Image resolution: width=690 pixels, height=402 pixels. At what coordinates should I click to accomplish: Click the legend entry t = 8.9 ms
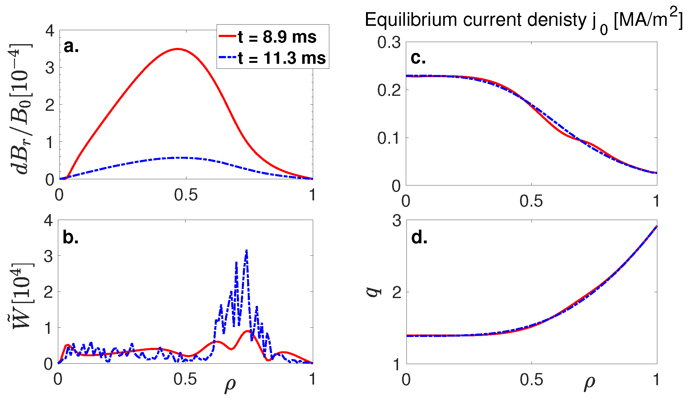coord(276,37)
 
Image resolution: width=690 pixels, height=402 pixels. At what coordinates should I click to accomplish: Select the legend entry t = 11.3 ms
coord(281,58)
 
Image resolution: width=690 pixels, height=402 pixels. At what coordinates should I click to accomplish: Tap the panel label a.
coord(71,47)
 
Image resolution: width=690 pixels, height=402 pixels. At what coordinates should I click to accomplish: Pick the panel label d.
coord(419,237)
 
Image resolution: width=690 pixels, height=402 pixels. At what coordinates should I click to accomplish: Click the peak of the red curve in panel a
coord(177,49)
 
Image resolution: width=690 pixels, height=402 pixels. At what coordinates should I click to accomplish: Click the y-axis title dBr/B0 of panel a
coord(21,109)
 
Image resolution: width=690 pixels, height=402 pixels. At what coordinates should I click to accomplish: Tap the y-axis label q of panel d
coord(373,291)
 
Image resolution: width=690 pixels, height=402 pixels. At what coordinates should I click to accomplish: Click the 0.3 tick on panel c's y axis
coord(389,43)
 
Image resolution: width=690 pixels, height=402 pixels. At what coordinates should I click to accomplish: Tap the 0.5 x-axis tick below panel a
coord(186,195)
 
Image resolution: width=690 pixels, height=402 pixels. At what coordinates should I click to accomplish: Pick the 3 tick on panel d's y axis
coord(397,221)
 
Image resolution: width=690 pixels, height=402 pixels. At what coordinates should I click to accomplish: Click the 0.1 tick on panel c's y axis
coord(389,138)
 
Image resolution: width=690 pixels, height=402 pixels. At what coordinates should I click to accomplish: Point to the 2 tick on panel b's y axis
coord(49,292)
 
